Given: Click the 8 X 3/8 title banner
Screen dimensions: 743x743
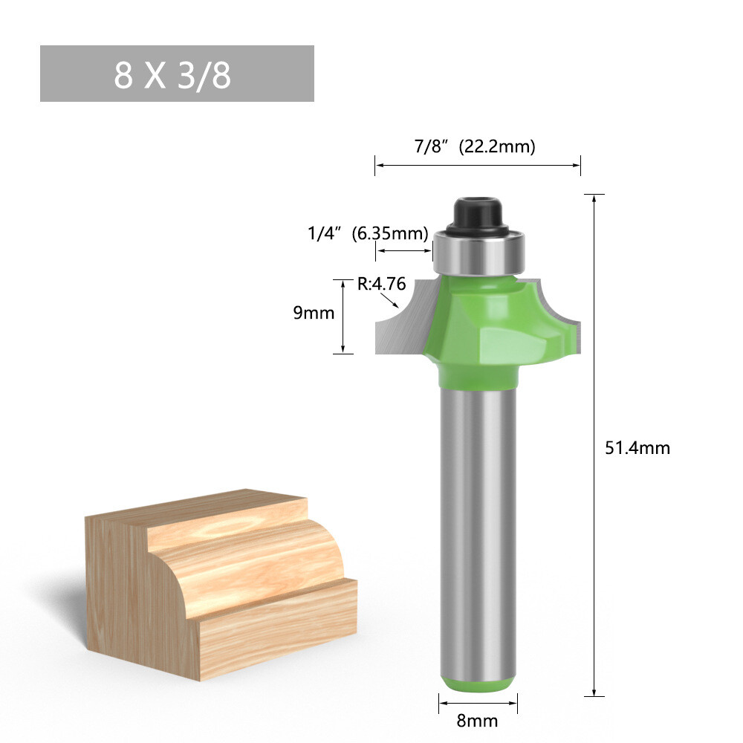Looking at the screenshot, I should [177, 74].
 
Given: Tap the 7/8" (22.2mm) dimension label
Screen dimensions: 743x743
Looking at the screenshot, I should [475, 146].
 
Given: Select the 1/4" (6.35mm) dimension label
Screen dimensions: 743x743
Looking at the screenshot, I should [369, 233].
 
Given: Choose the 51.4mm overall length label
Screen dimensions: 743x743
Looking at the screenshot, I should [637, 448].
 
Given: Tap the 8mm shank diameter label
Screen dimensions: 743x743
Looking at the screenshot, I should [478, 721].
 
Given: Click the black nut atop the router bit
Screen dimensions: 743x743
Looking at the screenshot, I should [476, 212].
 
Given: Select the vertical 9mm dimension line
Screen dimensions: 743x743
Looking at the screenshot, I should [343, 316].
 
